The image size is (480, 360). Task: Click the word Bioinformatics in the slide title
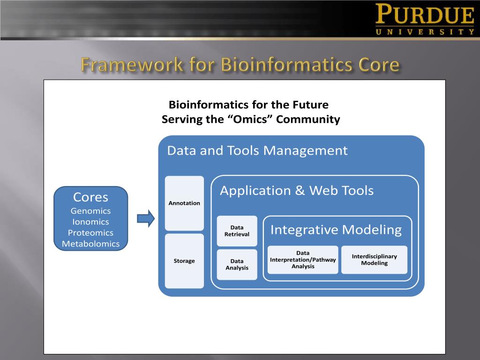(286, 65)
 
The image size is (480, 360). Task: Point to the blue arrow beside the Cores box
(146, 218)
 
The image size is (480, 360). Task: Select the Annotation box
(184, 203)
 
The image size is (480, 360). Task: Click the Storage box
(184, 261)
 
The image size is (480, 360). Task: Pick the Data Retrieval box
(237, 231)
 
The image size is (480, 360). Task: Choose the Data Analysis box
(237, 264)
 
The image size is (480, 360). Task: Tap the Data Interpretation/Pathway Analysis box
(303, 260)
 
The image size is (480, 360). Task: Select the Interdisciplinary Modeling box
(374, 260)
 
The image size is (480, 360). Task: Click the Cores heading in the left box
(90, 197)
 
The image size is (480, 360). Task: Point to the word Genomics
(90, 211)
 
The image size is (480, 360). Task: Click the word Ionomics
(90, 222)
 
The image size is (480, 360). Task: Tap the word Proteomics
(90, 232)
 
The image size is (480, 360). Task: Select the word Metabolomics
(90, 244)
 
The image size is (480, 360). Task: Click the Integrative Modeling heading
(336, 230)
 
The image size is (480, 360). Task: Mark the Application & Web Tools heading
(297, 190)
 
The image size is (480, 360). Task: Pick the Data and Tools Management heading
(257, 150)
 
